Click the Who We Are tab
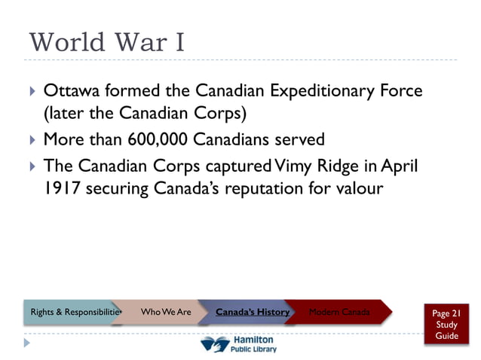pyautogui.click(x=165, y=312)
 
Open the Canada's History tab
pyautogui.click(x=253, y=312)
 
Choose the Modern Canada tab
pyautogui.click(x=339, y=312)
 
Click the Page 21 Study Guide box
pyautogui.click(x=446, y=324)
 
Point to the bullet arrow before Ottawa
pyautogui.click(x=32, y=93)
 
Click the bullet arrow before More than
pyautogui.click(x=32, y=141)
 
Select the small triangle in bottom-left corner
pyautogui.click(x=27, y=343)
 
